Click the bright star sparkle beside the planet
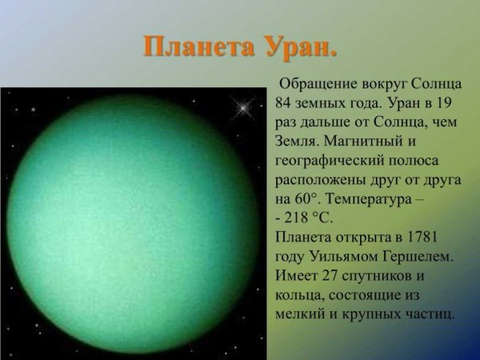click(241, 104)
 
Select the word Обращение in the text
click(318, 86)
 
